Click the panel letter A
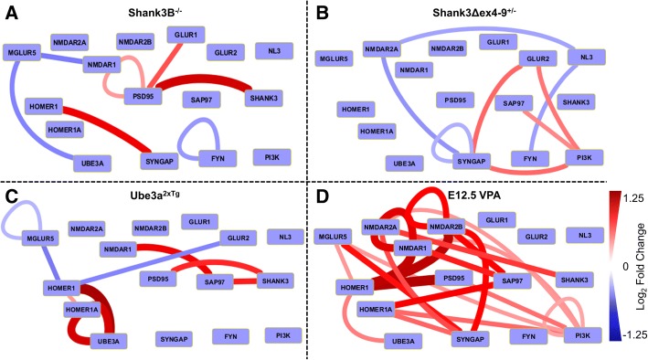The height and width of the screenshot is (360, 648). (x=11, y=11)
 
